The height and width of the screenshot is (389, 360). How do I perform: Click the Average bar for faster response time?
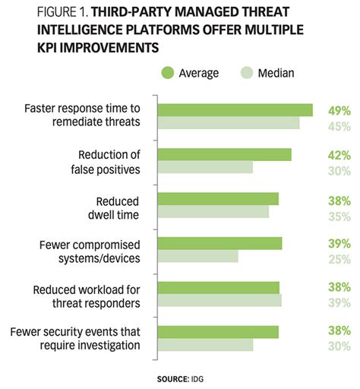(x=235, y=110)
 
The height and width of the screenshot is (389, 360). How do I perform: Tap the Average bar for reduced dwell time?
(x=218, y=198)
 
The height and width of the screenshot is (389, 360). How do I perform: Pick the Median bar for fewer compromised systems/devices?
(x=197, y=257)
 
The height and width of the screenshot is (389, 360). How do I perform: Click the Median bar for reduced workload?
(x=219, y=300)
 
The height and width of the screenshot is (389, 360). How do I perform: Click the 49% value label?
(x=339, y=110)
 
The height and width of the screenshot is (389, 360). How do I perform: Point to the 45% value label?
(x=339, y=125)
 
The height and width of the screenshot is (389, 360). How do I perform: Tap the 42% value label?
(x=339, y=155)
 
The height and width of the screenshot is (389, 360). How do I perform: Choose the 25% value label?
(x=339, y=258)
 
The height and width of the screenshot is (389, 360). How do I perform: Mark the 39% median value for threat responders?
(x=339, y=302)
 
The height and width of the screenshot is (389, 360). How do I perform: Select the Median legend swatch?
(x=247, y=73)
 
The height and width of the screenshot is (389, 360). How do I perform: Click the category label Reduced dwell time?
(x=117, y=207)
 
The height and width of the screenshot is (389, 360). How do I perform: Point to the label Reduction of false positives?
(x=107, y=162)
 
